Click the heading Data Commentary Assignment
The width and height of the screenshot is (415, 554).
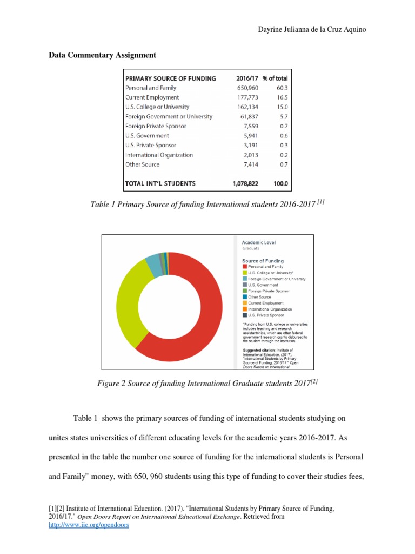(x=103, y=55)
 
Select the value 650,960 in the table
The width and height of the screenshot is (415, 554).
(x=247, y=88)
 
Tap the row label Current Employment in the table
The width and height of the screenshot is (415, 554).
(x=152, y=97)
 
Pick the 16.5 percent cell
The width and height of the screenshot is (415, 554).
(x=282, y=97)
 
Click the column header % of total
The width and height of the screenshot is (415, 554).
(x=275, y=78)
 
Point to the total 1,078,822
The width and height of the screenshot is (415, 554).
(x=245, y=183)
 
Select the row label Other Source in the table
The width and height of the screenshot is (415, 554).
(x=142, y=164)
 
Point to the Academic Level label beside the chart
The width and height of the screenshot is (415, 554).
(x=258, y=243)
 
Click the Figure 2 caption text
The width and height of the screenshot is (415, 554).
(x=207, y=385)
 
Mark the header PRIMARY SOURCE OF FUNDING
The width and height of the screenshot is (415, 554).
(x=170, y=78)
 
